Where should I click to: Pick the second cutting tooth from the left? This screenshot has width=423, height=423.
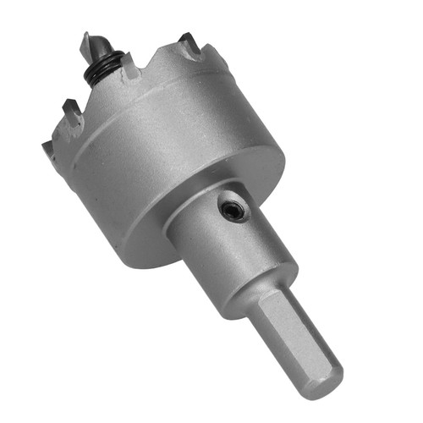[x=71, y=107]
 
